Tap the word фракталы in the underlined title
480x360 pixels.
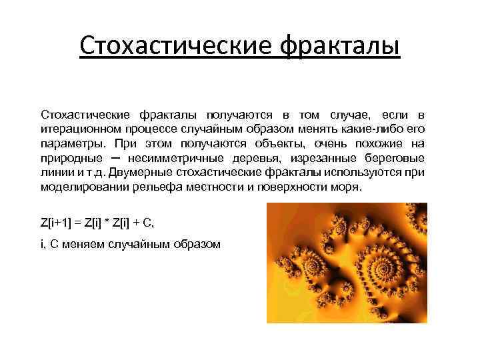coord(340,47)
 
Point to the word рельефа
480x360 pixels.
coord(149,187)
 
